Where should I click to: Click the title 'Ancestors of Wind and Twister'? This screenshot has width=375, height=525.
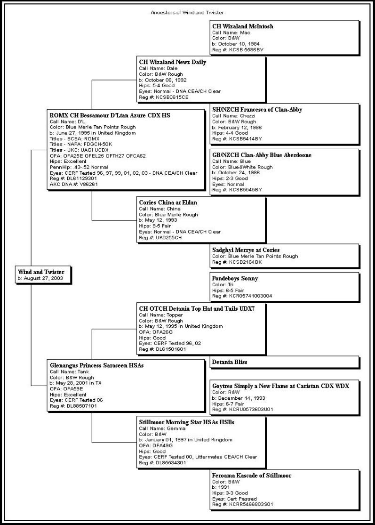[x=187, y=12]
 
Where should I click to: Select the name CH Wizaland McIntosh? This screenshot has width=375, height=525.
[x=243, y=26]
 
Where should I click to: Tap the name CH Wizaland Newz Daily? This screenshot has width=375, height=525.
[x=173, y=62]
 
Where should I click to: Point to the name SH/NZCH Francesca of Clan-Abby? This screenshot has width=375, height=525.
[x=257, y=110]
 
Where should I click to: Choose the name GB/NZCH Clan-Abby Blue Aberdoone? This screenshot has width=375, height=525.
[x=262, y=155]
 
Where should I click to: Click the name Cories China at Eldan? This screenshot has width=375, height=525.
[x=168, y=202]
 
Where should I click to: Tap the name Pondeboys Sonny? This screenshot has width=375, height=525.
[x=235, y=278]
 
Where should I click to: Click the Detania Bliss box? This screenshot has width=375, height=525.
[x=230, y=362]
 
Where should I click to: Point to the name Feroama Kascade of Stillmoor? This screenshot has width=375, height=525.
[x=252, y=476]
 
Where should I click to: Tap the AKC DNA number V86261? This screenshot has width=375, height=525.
[x=84, y=184]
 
